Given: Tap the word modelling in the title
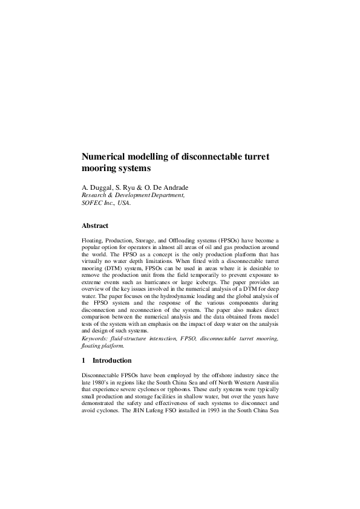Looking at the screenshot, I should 151,157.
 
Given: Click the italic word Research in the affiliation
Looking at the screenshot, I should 96,196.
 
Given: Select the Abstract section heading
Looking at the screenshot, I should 95,225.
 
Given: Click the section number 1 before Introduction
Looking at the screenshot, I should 83,361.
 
